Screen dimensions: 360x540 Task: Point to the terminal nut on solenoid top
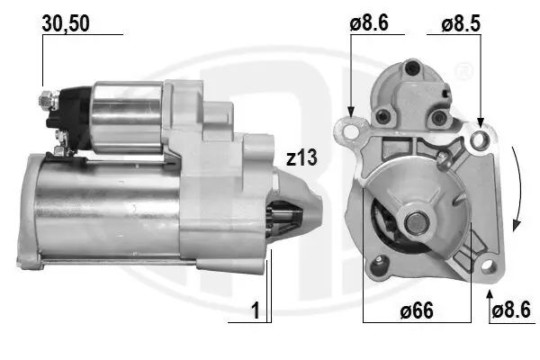click(45, 94)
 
